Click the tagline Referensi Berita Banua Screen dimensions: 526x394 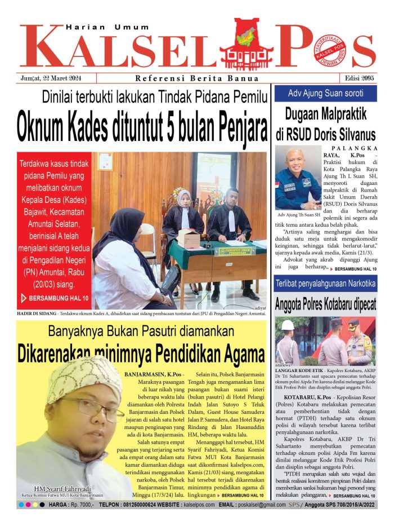coord(197,78)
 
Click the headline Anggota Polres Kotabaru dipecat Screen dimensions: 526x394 coord(325,304)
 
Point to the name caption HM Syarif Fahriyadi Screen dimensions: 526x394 coord(62,488)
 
